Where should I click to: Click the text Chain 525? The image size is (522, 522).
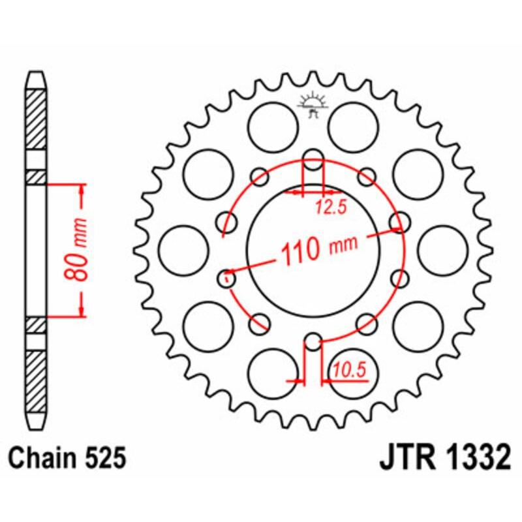68,458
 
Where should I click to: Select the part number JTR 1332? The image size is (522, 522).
443,458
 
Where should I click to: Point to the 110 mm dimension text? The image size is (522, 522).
320,248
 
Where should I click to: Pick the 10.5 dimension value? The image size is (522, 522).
349,371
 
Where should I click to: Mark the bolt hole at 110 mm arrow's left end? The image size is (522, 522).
226,279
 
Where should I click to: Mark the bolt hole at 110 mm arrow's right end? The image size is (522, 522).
398,222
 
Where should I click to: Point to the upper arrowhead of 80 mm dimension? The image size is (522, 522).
82,189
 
